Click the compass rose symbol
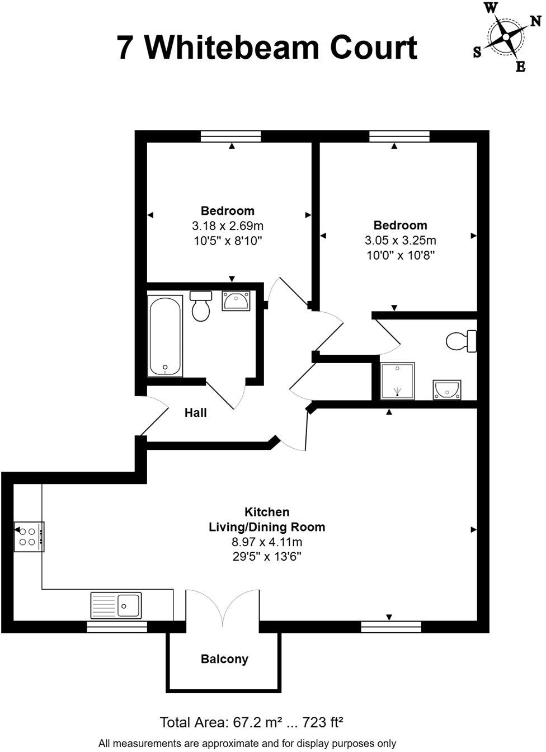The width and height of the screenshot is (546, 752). tap(506, 37)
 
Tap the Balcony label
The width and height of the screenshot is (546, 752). tap(224, 659)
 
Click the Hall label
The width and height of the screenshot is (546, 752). tap(196, 413)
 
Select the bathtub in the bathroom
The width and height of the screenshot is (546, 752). tap(165, 336)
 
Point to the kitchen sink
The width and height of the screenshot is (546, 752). tap(116, 605)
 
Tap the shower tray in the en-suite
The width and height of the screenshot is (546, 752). tap(398, 380)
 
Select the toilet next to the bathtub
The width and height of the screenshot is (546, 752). tap(200, 305)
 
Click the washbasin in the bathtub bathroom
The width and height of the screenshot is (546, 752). tap(236, 300)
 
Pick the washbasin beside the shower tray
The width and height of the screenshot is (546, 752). tap(446, 389)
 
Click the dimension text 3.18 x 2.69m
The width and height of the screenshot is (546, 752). tap(228, 226)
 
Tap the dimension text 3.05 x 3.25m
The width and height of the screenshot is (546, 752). tap(400, 241)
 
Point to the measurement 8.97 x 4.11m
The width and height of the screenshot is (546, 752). tap(267, 542)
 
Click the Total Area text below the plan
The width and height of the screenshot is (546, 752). tap(251, 722)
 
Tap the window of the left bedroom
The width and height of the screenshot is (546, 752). tap(231, 136)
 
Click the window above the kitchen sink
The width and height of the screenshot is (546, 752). tap(117, 627)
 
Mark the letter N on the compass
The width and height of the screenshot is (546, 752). tap(535, 21)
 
